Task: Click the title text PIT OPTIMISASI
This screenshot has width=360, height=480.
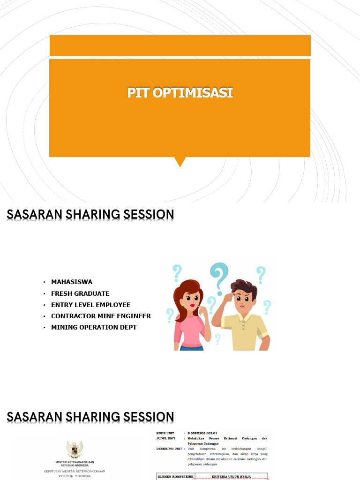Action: pos(180,93)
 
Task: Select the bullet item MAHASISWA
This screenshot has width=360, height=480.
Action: pos(72,282)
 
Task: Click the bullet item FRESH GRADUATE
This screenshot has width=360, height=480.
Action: pos(80,293)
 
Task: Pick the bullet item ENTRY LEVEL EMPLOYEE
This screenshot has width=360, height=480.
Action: pos(90,305)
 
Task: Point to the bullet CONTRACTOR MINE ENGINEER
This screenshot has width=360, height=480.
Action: pos(101,316)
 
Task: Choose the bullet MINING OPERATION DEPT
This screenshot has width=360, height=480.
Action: pos(94,327)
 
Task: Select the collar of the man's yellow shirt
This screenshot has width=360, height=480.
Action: pos(241,317)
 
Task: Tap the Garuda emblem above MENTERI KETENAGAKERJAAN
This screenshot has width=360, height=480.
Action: pos(75,450)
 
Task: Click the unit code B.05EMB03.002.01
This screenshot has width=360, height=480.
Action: pos(202,433)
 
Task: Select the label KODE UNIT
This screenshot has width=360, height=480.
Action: pos(165,433)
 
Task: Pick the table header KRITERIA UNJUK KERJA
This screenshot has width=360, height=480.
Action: pos(231,476)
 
